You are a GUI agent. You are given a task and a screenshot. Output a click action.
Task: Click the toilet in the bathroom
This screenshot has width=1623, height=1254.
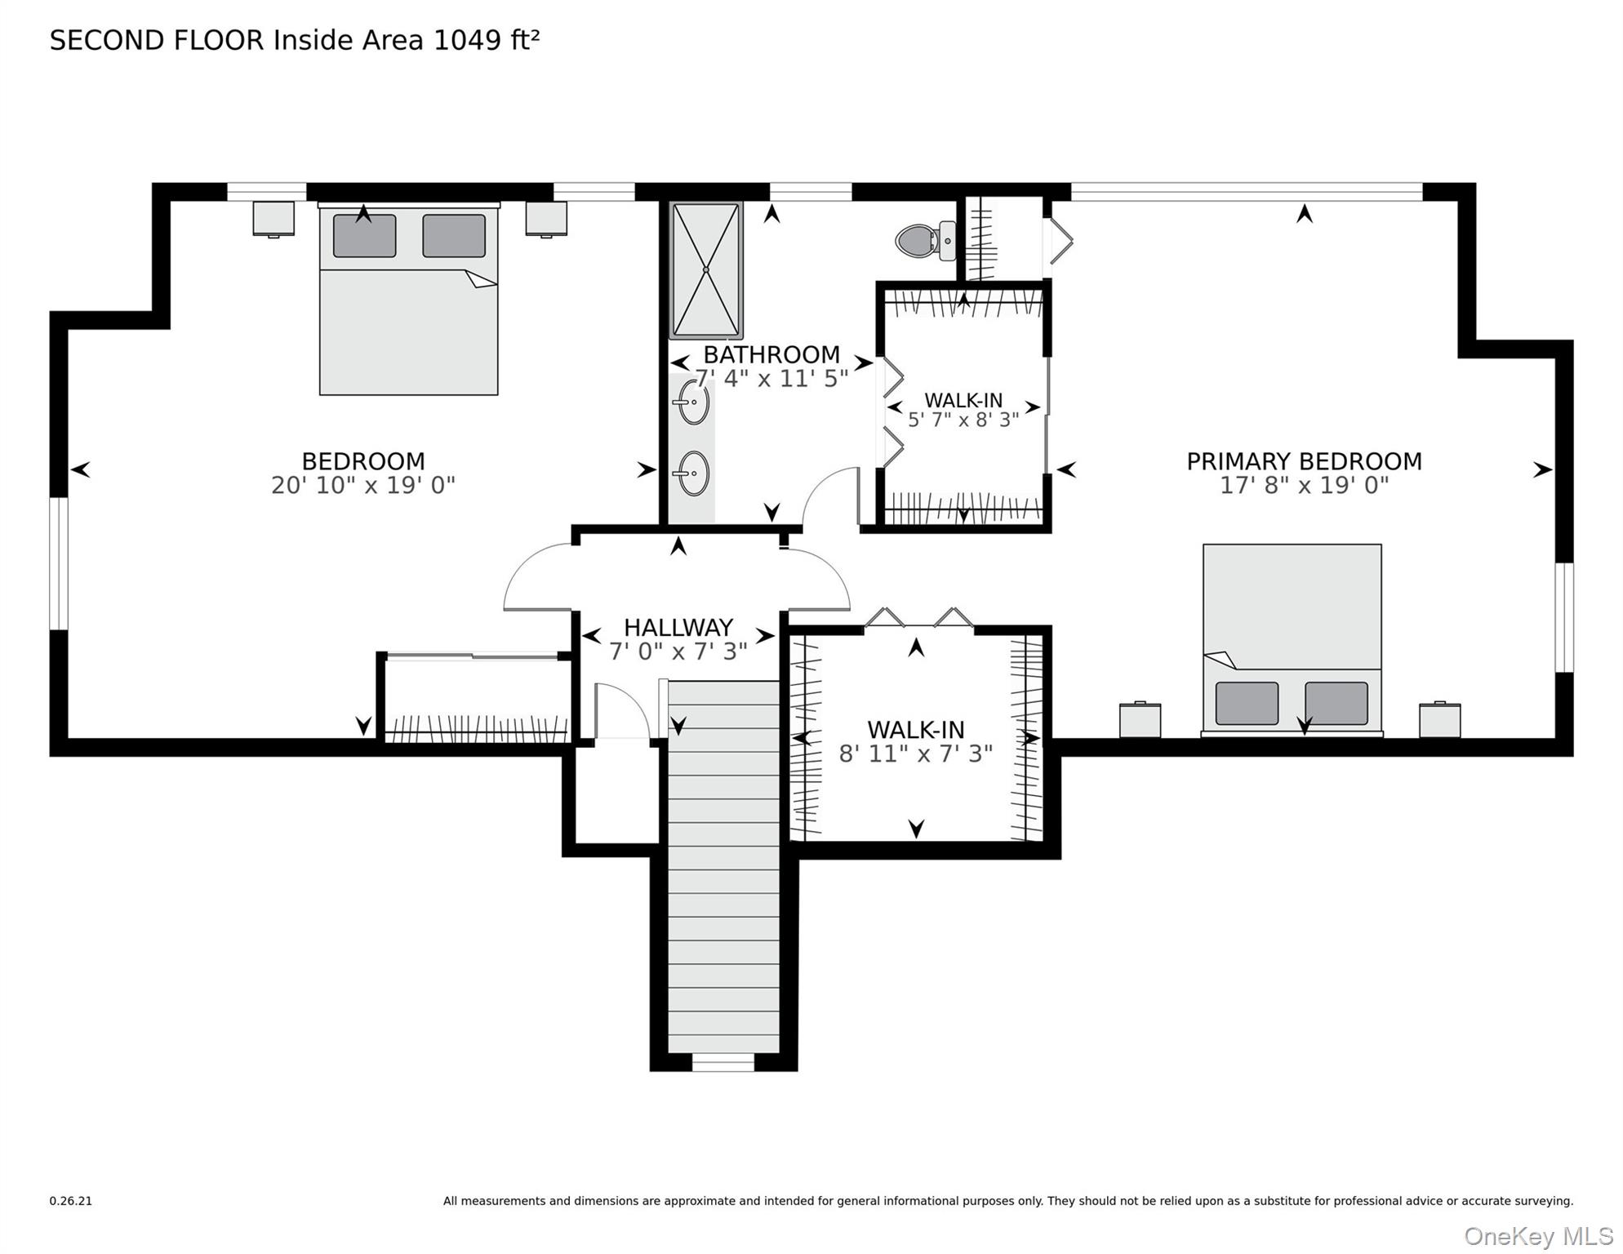click(x=923, y=241)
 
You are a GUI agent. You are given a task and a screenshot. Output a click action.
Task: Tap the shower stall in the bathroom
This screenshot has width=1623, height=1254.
click(x=706, y=270)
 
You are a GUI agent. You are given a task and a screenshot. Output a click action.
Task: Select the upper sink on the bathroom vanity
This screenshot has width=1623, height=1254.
click(x=692, y=402)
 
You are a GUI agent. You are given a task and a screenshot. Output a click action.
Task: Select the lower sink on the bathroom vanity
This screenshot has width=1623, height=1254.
click(x=693, y=473)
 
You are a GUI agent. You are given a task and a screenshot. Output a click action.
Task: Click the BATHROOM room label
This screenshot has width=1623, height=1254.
click(x=771, y=355)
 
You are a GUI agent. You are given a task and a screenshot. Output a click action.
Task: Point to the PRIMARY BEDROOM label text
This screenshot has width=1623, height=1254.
click(x=1304, y=461)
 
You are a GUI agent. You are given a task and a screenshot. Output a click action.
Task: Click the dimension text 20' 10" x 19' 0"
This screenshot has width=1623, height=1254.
click(x=362, y=486)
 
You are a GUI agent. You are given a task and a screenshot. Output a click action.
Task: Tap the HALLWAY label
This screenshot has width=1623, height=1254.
click(x=678, y=628)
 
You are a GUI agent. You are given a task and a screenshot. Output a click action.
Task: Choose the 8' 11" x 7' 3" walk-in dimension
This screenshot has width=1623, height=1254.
click(x=915, y=754)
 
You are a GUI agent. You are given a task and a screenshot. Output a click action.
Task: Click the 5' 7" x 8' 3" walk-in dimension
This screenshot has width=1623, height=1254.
click(x=963, y=420)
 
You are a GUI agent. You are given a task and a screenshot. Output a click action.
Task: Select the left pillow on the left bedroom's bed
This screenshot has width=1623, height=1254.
click(x=364, y=236)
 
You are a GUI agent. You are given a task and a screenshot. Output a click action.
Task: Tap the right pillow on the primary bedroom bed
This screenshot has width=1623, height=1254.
click(x=1336, y=703)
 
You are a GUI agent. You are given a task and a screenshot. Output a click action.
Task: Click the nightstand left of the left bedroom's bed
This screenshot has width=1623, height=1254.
click(x=273, y=218)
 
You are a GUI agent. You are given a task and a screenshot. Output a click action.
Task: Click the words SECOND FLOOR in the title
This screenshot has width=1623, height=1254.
click(x=157, y=40)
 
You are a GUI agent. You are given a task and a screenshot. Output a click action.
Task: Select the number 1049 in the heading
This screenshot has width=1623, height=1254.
click(x=467, y=40)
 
